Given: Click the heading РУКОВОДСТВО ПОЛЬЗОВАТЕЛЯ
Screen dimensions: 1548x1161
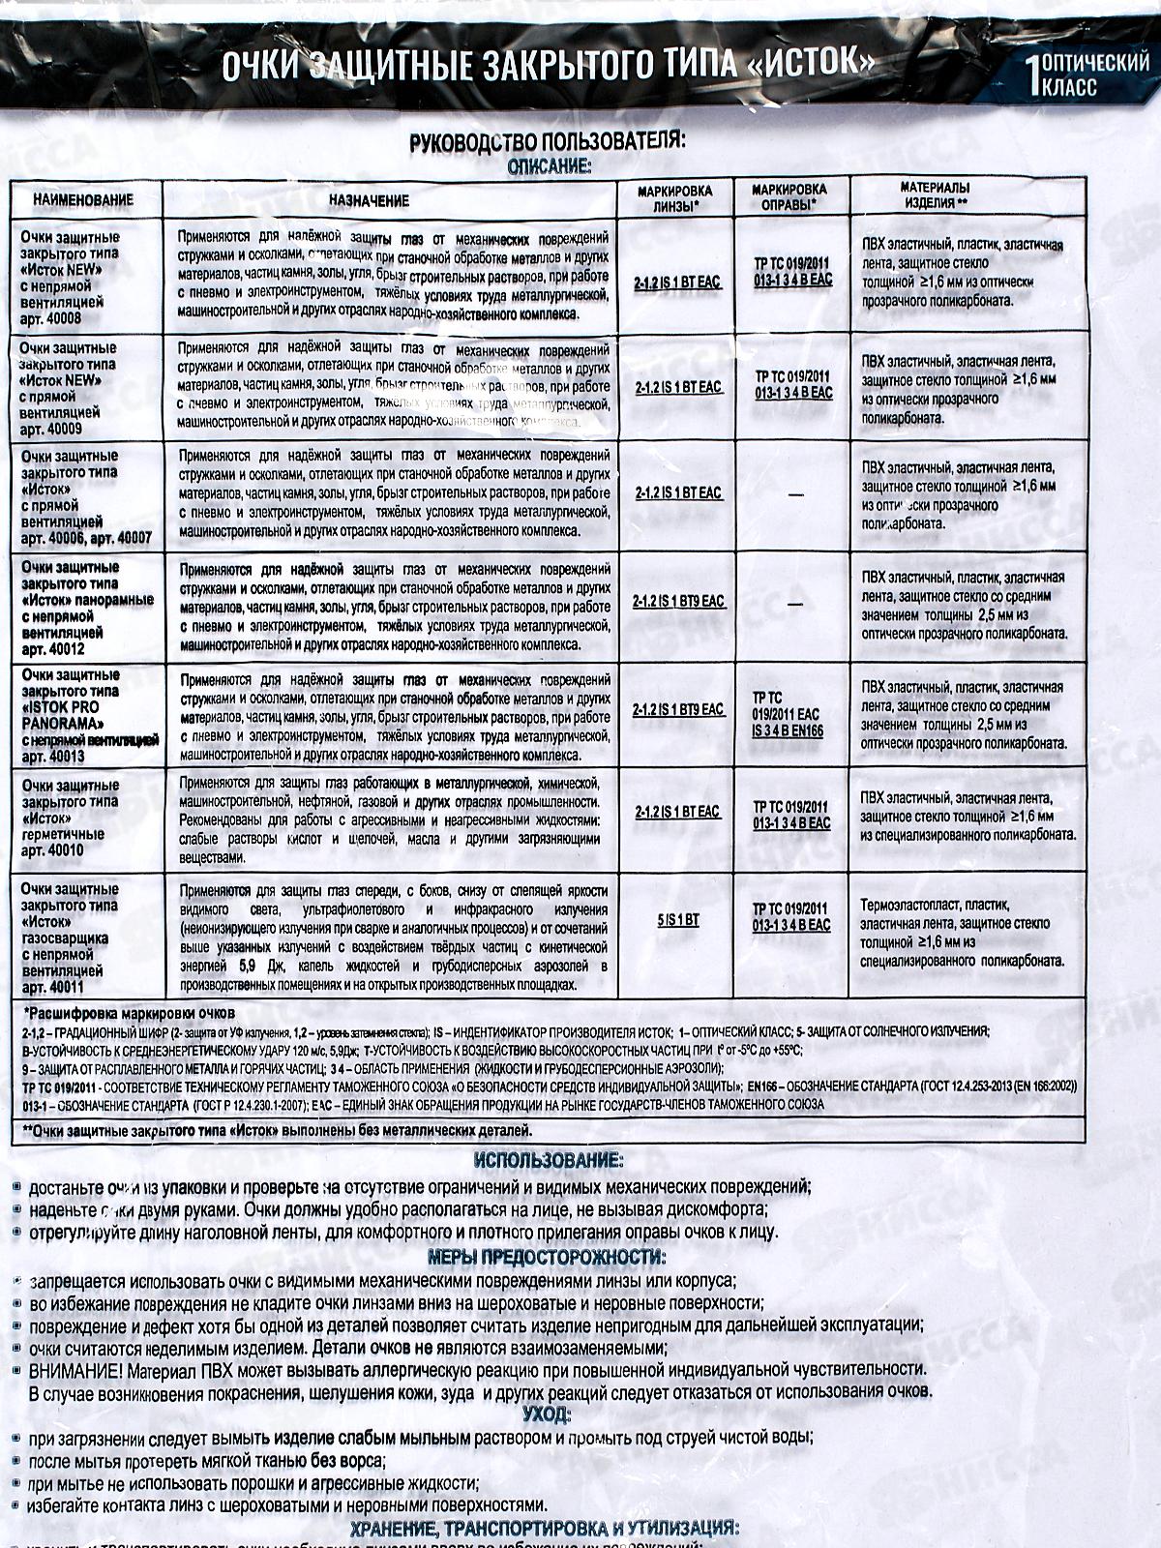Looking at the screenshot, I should [548, 141].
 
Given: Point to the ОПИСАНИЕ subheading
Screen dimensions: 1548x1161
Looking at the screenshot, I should [550, 165].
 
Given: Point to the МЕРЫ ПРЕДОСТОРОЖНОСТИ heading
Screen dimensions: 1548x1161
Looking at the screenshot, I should [548, 1258].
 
